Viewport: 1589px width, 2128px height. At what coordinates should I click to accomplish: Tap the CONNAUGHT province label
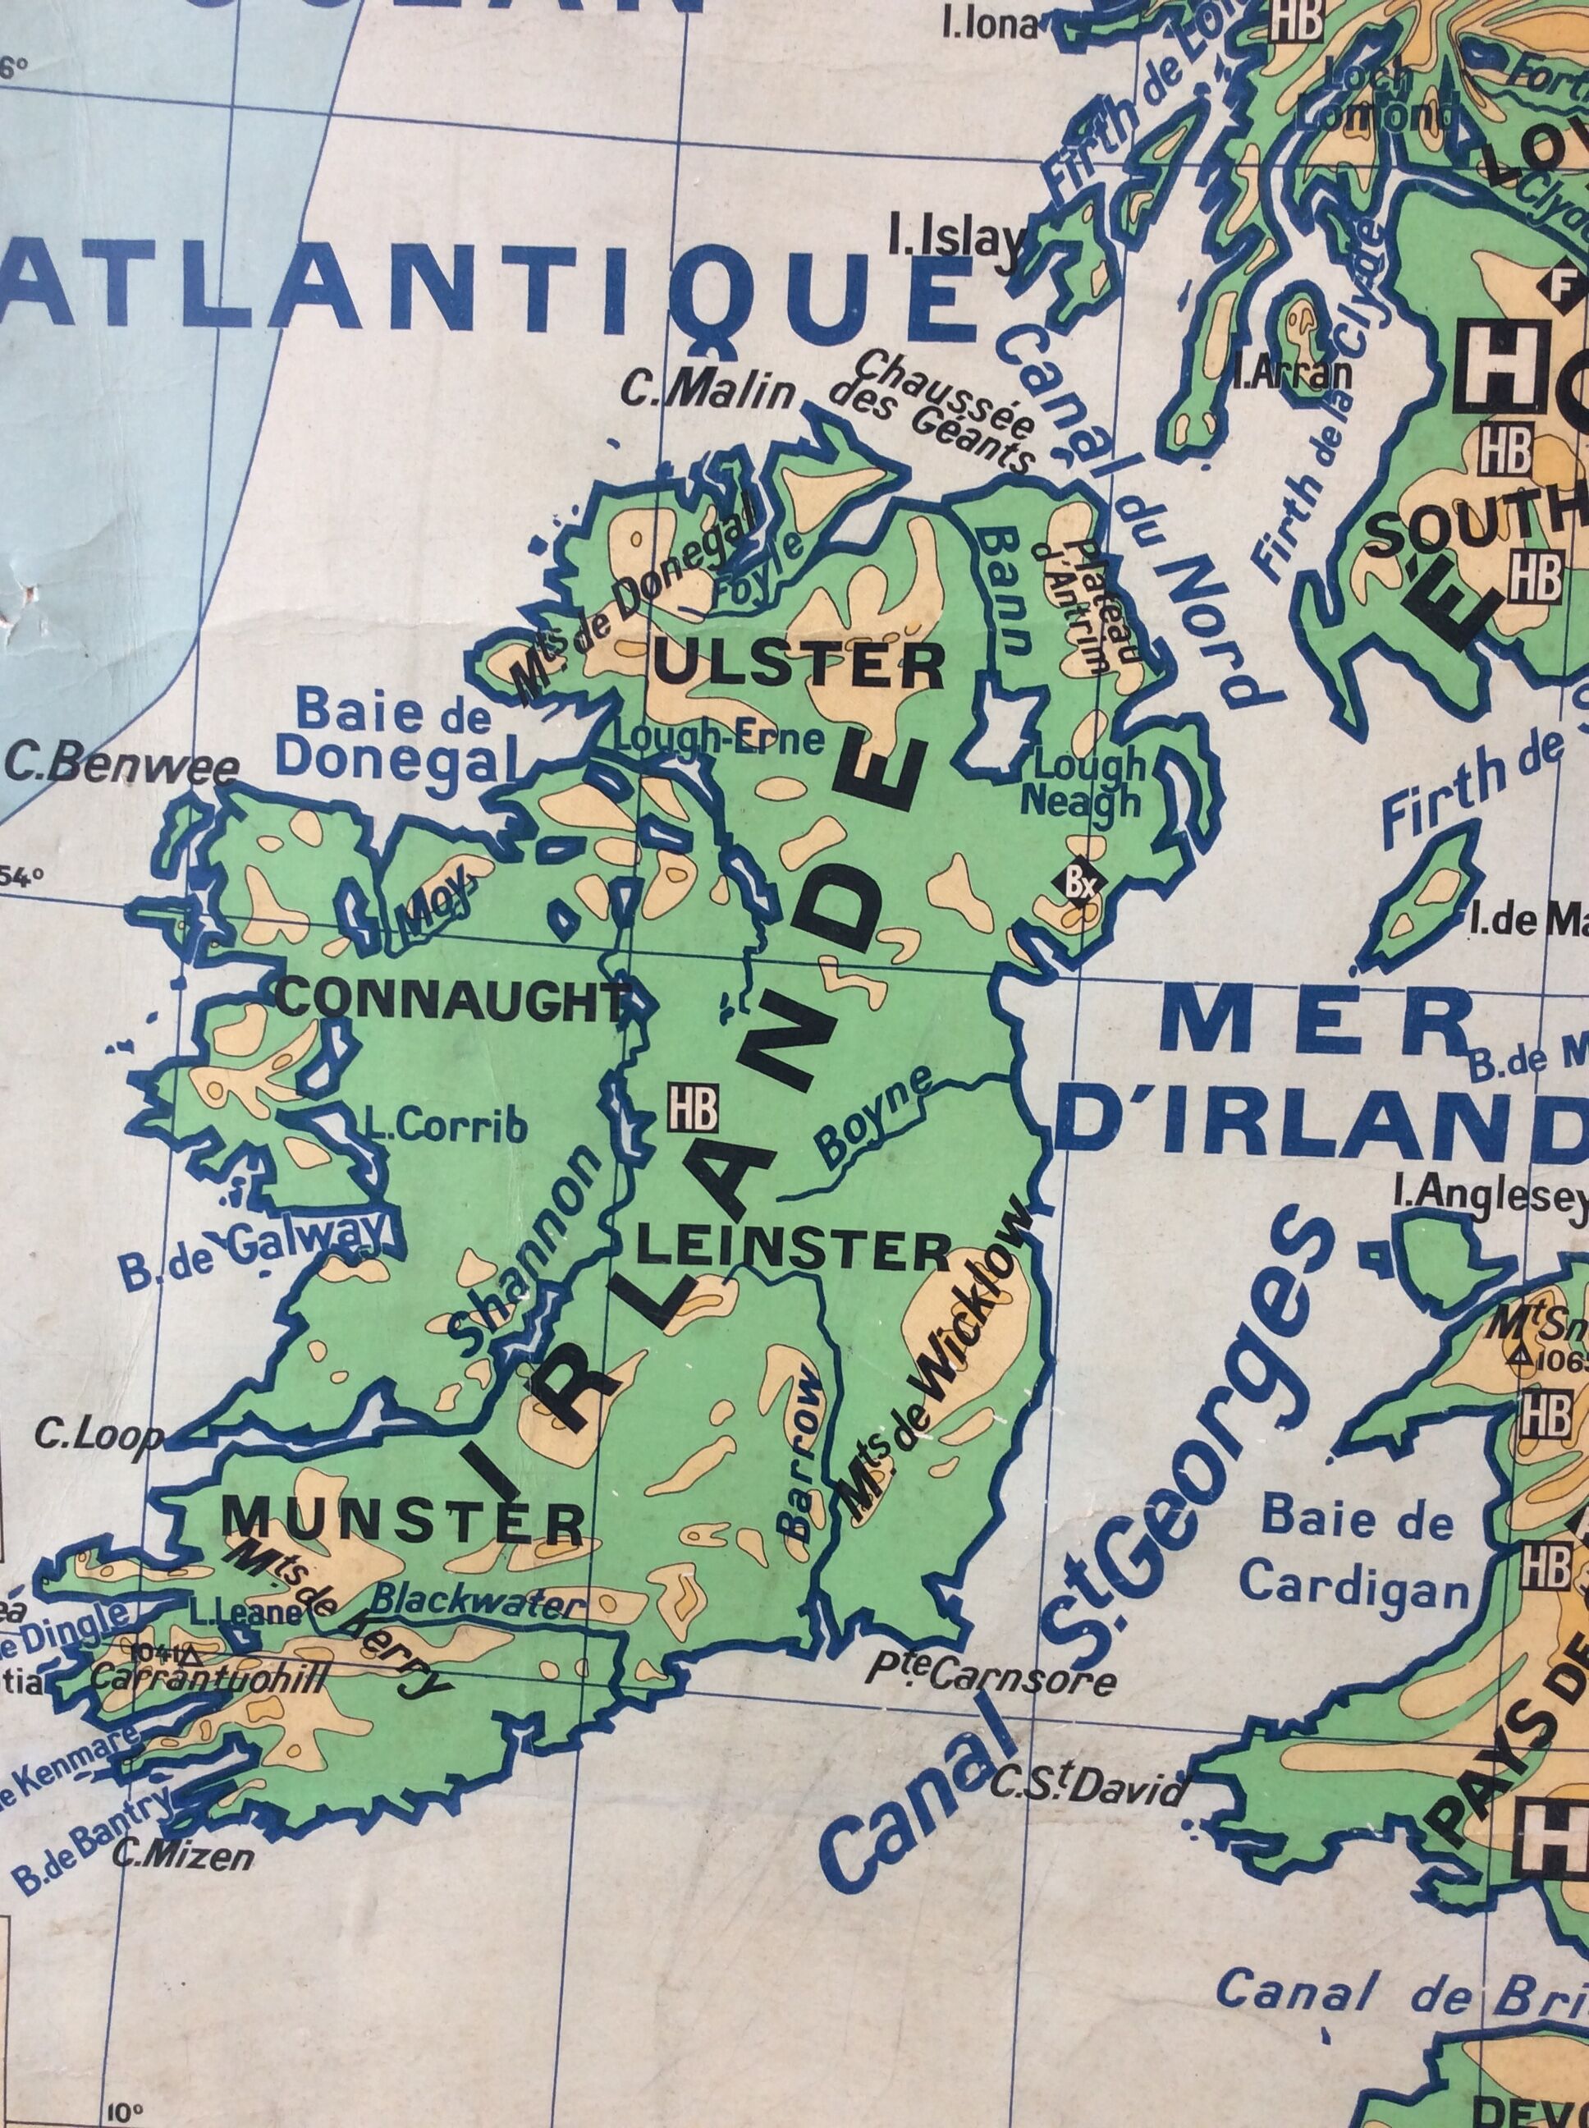pos(452,1001)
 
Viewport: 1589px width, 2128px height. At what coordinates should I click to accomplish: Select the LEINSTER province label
pos(794,1250)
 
